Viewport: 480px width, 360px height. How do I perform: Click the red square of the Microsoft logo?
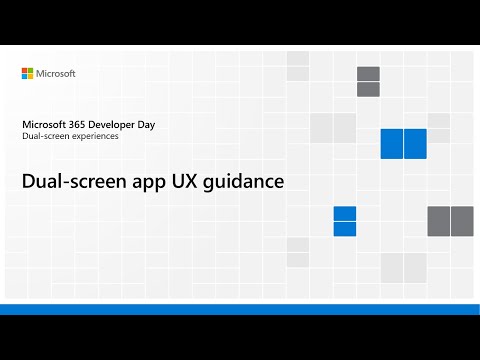(x=25, y=70)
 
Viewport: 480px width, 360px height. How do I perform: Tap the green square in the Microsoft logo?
(x=31, y=70)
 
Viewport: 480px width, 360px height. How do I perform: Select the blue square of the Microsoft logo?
(x=25, y=76)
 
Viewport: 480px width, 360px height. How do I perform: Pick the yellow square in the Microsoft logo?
(x=31, y=76)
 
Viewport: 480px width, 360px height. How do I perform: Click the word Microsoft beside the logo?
(x=56, y=73)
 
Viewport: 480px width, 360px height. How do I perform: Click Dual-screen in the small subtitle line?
(x=45, y=136)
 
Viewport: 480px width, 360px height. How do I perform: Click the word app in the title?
(x=151, y=183)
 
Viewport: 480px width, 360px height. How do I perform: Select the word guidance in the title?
(x=246, y=183)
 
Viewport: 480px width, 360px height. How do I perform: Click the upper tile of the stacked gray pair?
(x=368, y=74)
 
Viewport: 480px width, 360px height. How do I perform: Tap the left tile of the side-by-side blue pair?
(x=391, y=143)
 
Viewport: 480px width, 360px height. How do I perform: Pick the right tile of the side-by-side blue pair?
(x=415, y=143)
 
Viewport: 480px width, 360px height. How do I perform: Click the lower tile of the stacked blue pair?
(x=345, y=228)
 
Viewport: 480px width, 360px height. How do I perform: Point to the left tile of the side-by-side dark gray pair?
(x=439, y=220)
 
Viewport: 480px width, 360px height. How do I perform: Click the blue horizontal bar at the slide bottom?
(x=240, y=309)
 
